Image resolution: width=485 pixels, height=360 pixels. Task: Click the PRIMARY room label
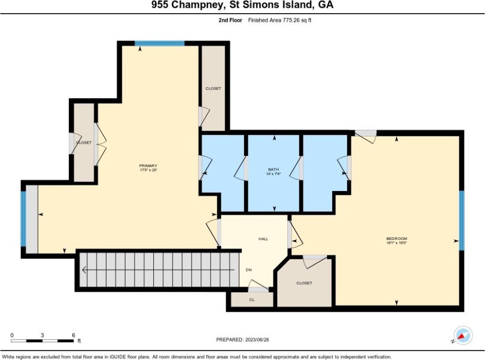pyautogui.click(x=148, y=166)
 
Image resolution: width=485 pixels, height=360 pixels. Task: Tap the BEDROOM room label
pyautogui.click(x=396, y=238)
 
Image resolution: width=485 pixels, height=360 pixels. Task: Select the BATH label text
pyautogui.click(x=273, y=170)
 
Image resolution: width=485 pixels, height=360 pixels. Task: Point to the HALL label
pyautogui.click(x=263, y=239)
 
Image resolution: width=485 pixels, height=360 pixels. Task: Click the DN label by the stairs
pyautogui.click(x=249, y=270)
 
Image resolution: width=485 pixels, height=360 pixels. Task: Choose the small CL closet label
pyautogui.click(x=252, y=300)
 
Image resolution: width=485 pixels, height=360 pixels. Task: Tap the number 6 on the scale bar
pyautogui.click(x=73, y=335)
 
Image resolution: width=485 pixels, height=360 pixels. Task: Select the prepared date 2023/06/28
pyautogui.click(x=257, y=340)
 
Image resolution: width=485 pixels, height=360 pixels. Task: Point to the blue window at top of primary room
pyautogui.click(x=160, y=44)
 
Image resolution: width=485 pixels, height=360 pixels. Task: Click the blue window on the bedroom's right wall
pyautogui.click(x=461, y=220)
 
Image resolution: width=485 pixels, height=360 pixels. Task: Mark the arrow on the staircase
pyautogui.click(x=159, y=270)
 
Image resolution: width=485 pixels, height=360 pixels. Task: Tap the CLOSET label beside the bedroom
pyautogui.click(x=304, y=283)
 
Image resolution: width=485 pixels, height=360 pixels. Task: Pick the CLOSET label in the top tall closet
pyautogui.click(x=213, y=89)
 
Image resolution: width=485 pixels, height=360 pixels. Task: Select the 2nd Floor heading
pyautogui.click(x=230, y=20)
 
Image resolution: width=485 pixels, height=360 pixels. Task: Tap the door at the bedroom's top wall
pyautogui.click(x=366, y=136)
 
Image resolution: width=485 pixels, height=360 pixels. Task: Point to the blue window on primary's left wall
pyautogui.click(x=23, y=219)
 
